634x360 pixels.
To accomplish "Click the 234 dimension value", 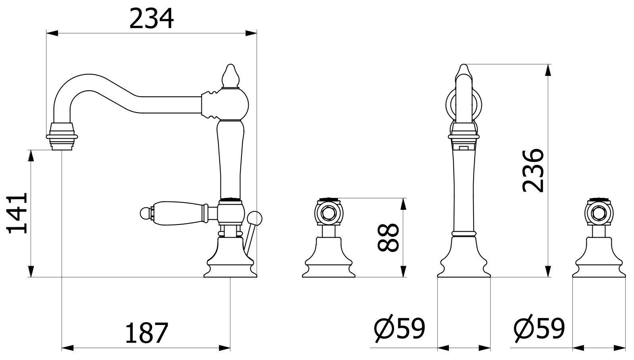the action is tap(151, 19).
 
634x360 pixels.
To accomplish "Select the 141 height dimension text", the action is tap(17, 213).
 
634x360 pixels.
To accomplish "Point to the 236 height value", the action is tap(533, 170).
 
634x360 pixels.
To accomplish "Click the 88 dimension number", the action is tap(389, 238).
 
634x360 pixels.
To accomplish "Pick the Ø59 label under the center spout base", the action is tap(400, 328).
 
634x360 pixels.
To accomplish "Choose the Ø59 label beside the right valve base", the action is tap(539, 328).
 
